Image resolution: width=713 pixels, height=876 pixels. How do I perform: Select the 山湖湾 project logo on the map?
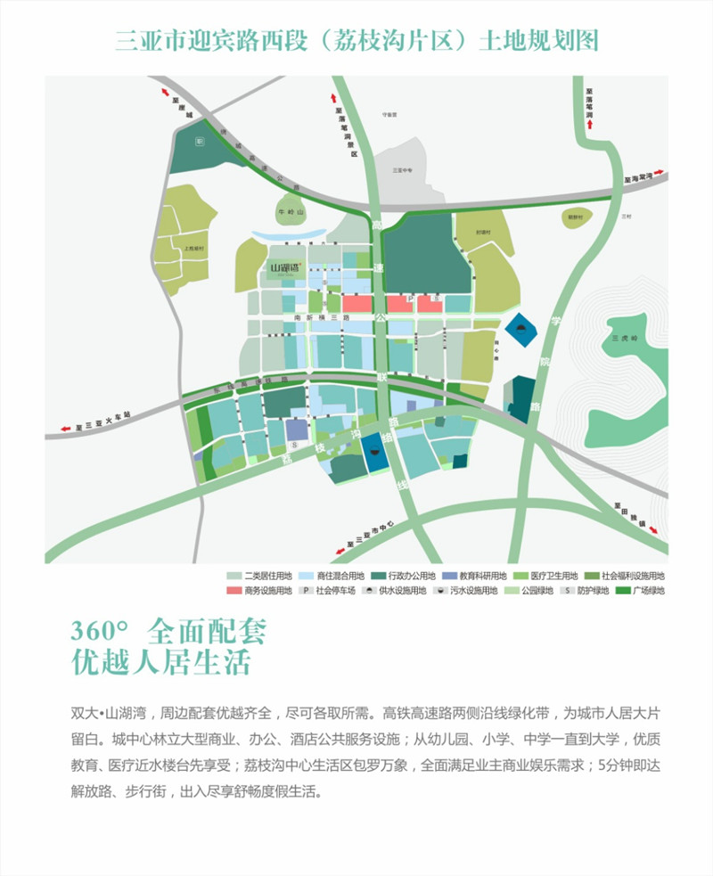[290, 266]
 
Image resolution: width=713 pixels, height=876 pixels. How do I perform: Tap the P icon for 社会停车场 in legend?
[306, 590]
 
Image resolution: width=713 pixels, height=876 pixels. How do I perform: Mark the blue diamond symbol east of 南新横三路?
[520, 332]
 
